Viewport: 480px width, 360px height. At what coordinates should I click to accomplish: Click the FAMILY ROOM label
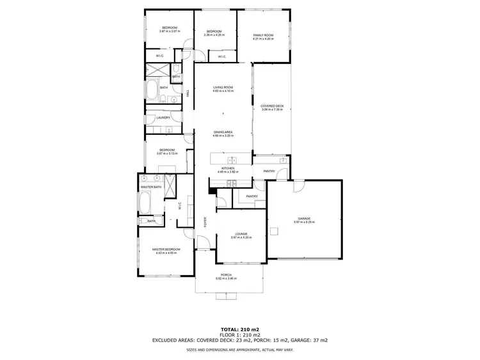click(x=263, y=35)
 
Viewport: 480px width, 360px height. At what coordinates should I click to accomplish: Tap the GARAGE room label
click(x=304, y=218)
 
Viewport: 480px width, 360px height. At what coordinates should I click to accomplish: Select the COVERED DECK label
click(x=271, y=106)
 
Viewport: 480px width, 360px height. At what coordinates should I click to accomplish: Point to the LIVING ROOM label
click(x=223, y=87)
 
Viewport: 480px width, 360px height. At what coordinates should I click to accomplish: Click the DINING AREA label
click(x=223, y=132)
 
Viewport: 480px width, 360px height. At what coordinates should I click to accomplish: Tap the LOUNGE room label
click(x=241, y=234)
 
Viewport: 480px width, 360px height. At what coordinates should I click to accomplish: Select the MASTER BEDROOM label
click(x=166, y=249)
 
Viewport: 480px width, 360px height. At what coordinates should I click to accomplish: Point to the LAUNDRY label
click(x=163, y=118)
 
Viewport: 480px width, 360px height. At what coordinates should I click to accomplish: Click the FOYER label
click(x=205, y=222)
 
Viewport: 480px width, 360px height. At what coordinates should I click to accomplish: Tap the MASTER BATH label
click(x=151, y=187)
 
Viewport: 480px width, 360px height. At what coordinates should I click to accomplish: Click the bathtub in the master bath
click(x=145, y=204)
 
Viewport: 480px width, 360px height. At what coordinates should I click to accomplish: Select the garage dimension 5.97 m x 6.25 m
click(x=304, y=222)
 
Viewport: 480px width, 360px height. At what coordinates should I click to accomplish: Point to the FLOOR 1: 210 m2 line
click(x=240, y=335)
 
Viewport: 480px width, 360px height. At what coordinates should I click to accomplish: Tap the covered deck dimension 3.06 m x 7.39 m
click(x=271, y=110)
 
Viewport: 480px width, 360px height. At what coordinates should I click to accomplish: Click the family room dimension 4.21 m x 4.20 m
click(x=263, y=39)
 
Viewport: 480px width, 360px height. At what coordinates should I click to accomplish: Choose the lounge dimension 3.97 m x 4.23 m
click(x=241, y=238)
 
